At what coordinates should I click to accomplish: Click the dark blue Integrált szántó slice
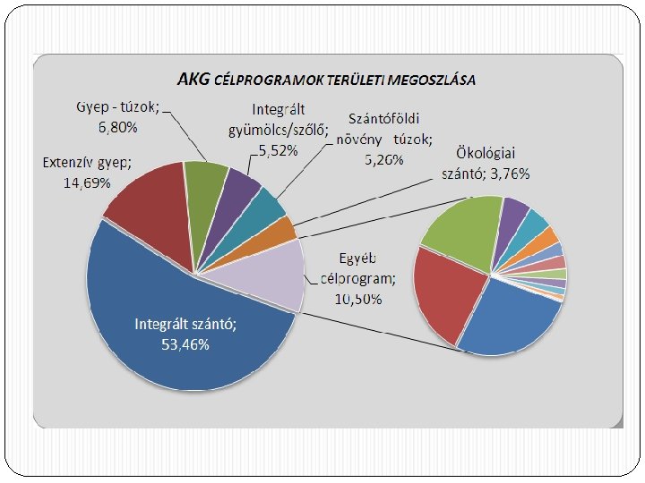(x=173, y=328)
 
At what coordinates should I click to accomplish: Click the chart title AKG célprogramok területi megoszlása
(x=326, y=80)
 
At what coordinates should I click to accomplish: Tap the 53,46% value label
(x=185, y=344)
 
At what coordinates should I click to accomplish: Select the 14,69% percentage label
(x=87, y=182)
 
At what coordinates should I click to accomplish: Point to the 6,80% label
(x=117, y=127)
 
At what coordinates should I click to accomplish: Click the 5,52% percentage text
(x=278, y=151)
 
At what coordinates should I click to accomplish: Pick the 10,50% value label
(x=358, y=299)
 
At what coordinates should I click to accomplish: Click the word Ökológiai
(x=486, y=154)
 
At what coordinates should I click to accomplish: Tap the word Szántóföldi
(x=383, y=118)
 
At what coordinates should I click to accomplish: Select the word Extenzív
(x=68, y=163)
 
